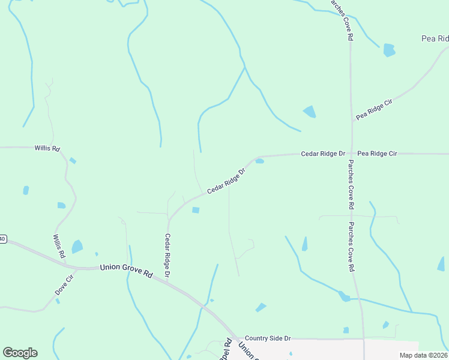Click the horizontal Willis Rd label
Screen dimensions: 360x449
[x=47, y=148]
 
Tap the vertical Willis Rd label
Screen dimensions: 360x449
[x=59, y=247]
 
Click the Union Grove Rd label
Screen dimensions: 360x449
[x=126, y=270]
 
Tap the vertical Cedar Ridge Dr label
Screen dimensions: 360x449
[x=167, y=255]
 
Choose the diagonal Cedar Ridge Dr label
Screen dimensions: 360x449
[x=227, y=181]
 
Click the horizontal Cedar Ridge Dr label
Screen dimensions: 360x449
[x=323, y=154]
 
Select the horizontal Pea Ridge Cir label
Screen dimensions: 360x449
[x=377, y=154]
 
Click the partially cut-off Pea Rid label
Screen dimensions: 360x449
[x=435, y=38]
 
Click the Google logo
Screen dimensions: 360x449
[x=20, y=353]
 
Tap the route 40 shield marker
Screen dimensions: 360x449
[x=2, y=239]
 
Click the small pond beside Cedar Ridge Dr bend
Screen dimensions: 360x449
[x=259, y=161]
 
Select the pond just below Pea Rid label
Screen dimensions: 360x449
[x=390, y=50]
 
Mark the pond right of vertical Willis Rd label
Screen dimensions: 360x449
[x=77, y=247]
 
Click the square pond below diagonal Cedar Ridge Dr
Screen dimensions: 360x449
[x=196, y=209]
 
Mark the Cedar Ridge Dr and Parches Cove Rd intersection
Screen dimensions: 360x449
[x=351, y=154]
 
